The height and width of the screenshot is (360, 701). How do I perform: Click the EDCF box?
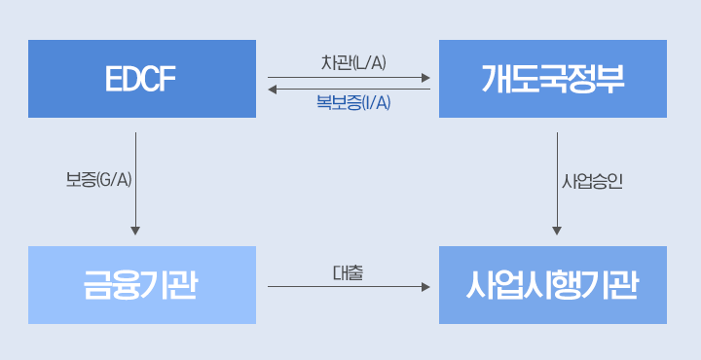coord(142,79)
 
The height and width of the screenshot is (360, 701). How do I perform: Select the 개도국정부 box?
coord(553,79)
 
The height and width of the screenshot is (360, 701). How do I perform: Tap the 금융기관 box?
coord(142,285)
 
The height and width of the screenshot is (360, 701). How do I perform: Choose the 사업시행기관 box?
coord(553,285)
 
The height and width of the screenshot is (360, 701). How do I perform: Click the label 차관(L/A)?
coord(353,63)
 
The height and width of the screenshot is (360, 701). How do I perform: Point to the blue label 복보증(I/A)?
coord(353,102)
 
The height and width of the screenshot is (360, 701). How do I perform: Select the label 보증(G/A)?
coord(98,181)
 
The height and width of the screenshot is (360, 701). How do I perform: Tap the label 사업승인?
coord(592,181)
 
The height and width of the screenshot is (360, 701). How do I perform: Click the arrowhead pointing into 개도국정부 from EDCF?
coord(425,77)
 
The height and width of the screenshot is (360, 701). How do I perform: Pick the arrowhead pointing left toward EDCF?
coord(273,90)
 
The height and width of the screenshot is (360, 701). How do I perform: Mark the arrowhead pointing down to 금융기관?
coord(135,231)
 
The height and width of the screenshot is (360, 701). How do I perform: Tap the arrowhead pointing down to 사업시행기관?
coord(557,231)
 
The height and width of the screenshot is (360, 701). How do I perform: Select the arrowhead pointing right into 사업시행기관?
coord(425,287)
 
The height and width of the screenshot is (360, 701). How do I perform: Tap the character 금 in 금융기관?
coord(98,285)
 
